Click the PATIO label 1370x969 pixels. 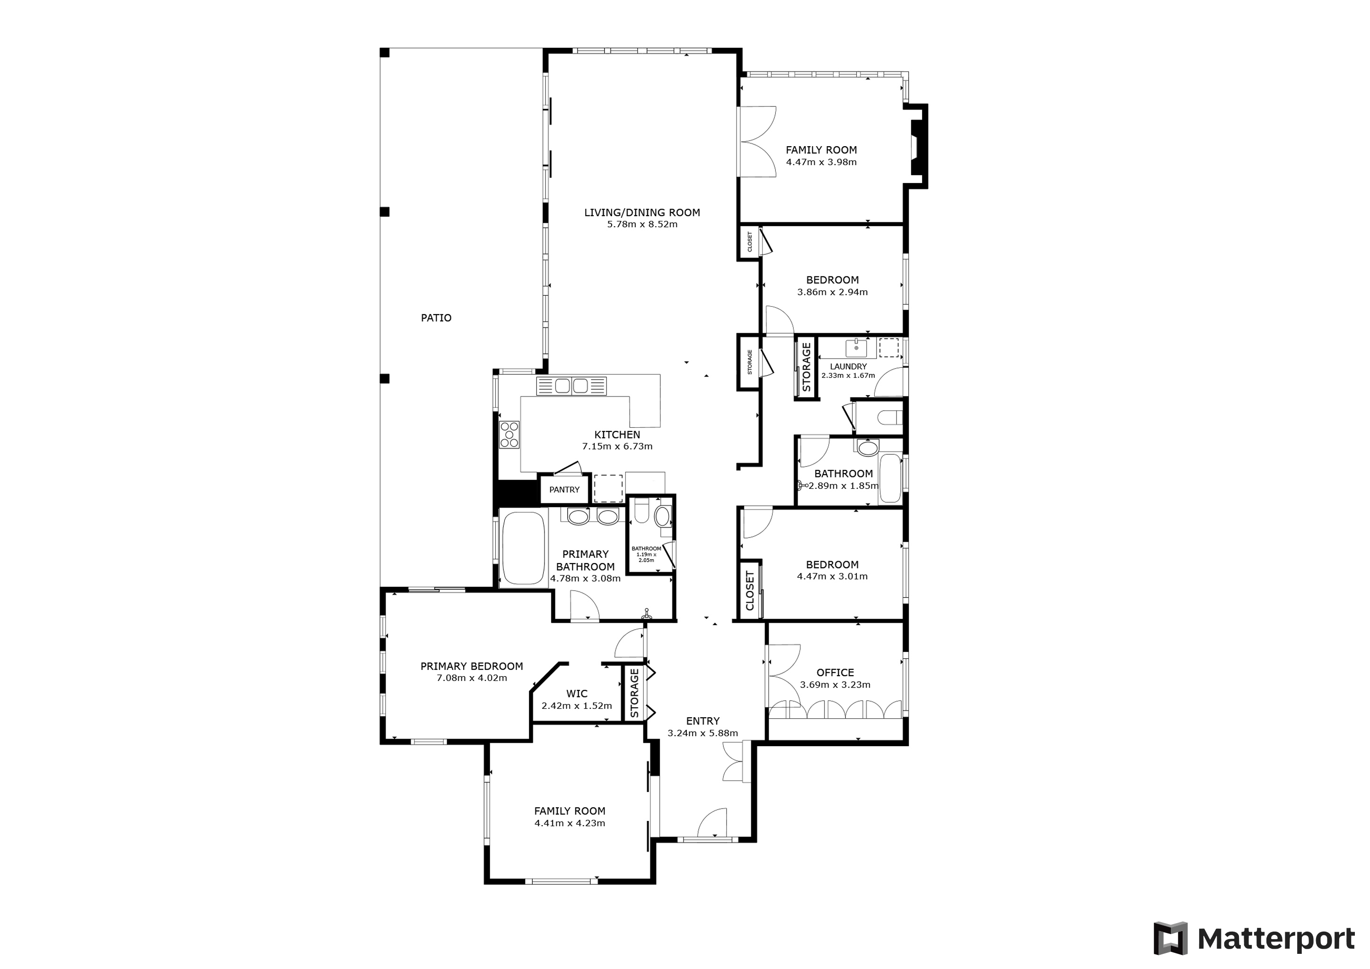tap(436, 318)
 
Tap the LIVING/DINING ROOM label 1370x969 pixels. tap(642, 212)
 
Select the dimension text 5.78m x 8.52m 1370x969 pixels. tap(642, 225)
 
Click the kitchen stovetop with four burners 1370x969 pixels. tap(509, 434)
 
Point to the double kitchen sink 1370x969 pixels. tap(571, 386)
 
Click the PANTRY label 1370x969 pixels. tap(564, 490)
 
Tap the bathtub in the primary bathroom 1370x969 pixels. tap(523, 548)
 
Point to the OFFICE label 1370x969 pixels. tap(835, 672)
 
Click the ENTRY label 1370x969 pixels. tap(703, 721)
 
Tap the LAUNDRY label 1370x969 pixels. tap(848, 366)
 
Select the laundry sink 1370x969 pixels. tap(857, 347)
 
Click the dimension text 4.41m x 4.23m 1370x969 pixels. tap(570, 823)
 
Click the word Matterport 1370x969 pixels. tap(1276, 939)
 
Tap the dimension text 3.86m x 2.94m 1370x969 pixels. tap(833, 292)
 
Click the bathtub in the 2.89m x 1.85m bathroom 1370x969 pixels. tap(890, 478)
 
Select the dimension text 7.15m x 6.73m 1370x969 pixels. tap(617, 446)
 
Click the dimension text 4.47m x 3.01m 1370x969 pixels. tap(833, 576)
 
